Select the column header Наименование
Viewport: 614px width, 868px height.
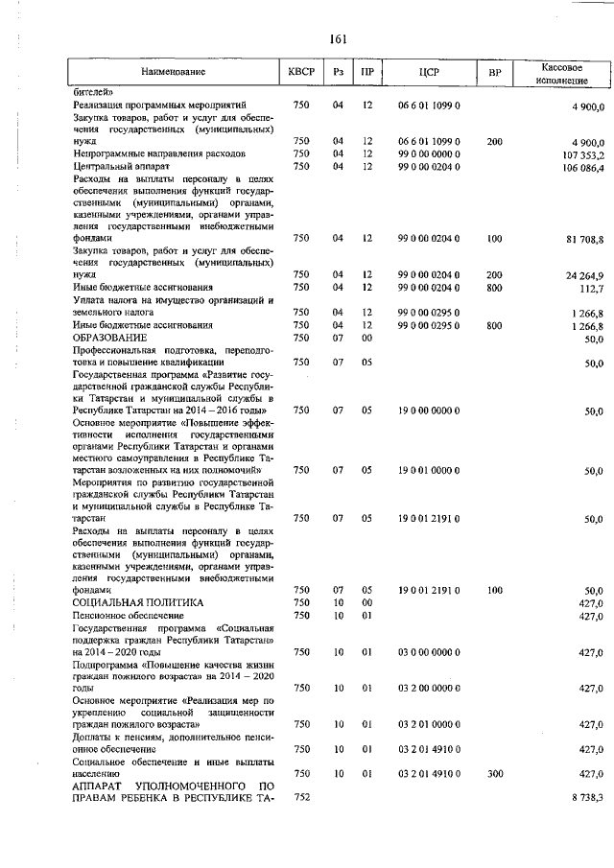pyautogui.click(x=173, y=72)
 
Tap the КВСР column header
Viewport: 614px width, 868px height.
pyautogui.click(x=299, y=72)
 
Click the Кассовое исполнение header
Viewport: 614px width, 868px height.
pyautogui.click(x=557, y=72)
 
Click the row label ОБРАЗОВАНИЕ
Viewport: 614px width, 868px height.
pyautogui.click(x=110, y=339)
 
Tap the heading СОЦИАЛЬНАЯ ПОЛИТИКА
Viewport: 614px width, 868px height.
pyautogui.click(x=138, y=602)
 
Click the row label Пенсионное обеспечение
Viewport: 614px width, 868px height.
pyautogui.click(x=128, y=615)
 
